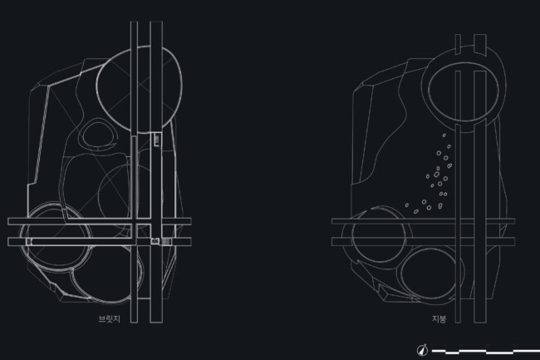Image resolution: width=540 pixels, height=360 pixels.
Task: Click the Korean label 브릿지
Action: tap(109, 319)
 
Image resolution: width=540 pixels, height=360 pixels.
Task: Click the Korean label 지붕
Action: tap(439, 318)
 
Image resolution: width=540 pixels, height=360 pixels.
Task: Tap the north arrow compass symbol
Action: tap(423, 350)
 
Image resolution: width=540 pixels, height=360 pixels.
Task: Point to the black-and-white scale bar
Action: tap(486, 352)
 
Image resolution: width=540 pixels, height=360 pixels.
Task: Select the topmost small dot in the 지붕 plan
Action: tap(444, 136)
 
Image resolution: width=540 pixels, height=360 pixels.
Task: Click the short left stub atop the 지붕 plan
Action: tap(458, 44)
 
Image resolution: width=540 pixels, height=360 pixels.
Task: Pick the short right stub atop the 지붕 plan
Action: tap(480, 44)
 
